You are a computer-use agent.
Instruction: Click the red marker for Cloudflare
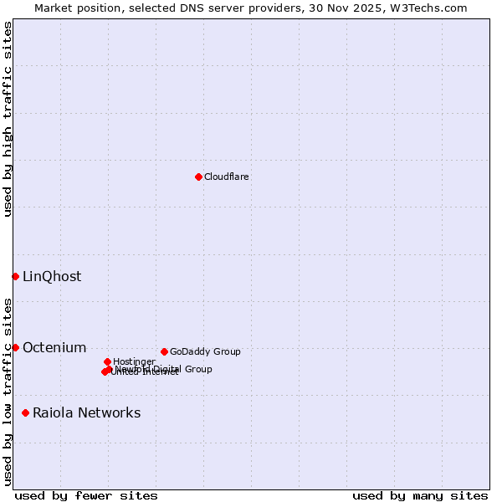point(198,177)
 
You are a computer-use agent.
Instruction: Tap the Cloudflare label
point(227,177)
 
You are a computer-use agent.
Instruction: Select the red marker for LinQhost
point(15,276)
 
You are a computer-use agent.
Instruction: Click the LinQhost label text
point(52,276)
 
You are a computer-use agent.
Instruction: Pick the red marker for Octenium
point(15,347)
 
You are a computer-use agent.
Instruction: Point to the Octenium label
point(54,347)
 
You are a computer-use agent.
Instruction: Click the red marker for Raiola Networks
point(26,412)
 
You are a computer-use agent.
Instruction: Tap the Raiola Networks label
point(87,412)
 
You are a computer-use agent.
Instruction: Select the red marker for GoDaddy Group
point(164,351)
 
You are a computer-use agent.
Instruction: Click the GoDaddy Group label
point(205,351)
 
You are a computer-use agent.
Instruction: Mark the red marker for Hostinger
point(107,361)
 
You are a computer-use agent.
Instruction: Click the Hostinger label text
point(134,361)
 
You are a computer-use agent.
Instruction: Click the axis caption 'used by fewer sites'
point(86,495)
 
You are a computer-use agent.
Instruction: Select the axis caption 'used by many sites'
point(420,495)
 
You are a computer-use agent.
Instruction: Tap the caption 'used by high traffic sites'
point(8,119)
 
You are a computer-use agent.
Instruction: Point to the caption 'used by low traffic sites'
point(8,391)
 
